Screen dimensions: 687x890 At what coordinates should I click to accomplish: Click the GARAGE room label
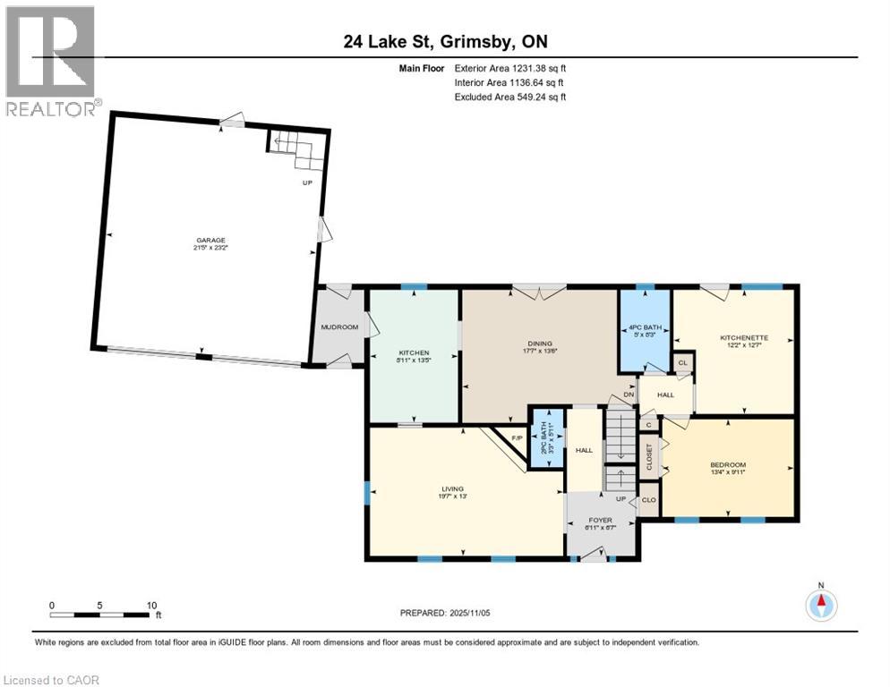point(211,240)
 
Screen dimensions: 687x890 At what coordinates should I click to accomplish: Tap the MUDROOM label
point(339,327)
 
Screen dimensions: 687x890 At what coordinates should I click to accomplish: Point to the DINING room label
point(540,343)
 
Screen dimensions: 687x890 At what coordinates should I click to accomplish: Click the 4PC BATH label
point(646,328)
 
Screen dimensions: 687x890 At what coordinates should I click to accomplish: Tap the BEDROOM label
point(728,465)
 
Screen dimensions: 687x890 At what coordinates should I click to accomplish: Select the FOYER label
point(601,519)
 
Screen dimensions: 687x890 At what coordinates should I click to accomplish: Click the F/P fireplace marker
point(517,437)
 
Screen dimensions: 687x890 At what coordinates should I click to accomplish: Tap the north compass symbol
point(820,605)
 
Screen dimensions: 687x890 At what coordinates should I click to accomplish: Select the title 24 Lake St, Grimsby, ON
point(444,42)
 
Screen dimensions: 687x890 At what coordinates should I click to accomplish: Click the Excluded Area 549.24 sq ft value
point(509,97)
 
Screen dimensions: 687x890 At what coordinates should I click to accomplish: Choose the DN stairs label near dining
point(629,394)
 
